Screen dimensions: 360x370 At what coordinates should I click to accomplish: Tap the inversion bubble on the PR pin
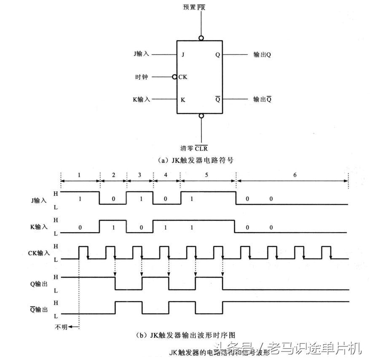(x=201, y=38)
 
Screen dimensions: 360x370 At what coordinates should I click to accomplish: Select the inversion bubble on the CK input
(x=174, y=77)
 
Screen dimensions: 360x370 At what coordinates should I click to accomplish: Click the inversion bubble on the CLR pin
(x=201, y=116)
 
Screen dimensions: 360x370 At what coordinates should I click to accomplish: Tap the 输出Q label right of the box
(x=262, y=55)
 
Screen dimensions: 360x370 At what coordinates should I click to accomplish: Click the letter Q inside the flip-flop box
(x=217, y=55)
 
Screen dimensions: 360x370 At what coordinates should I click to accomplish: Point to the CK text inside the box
(x=182, y=77)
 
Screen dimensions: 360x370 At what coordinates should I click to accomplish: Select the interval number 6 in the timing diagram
(x=295, y=175)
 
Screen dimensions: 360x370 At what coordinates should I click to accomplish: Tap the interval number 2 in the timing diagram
(x=113, y=175)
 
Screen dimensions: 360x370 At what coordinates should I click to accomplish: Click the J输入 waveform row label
(x=39, y=201)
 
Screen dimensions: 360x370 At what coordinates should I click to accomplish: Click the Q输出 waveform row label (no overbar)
(x=38, y=284)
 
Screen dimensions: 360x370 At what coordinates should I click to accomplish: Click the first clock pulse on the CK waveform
(x=83, y=252)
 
